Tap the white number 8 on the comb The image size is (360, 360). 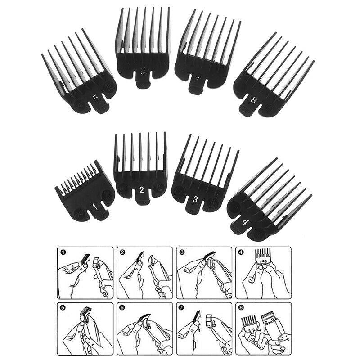tap(254, 101)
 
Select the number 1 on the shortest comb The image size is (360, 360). tap(95, 207)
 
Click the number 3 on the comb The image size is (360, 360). tap(196, 198)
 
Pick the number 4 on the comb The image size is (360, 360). tap(245, 221)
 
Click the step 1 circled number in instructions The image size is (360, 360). tap(63, 253)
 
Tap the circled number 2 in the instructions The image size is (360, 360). tap(122, 253)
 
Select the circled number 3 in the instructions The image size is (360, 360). tap(182, 253)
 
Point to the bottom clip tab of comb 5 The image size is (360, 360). tap(102, 107)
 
